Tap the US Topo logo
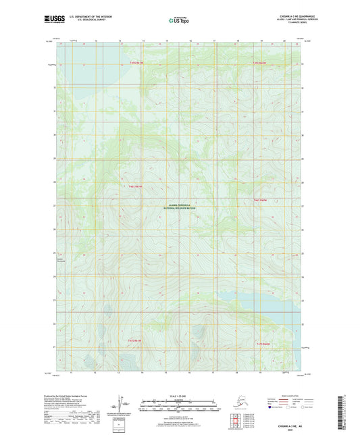pos(180,21)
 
